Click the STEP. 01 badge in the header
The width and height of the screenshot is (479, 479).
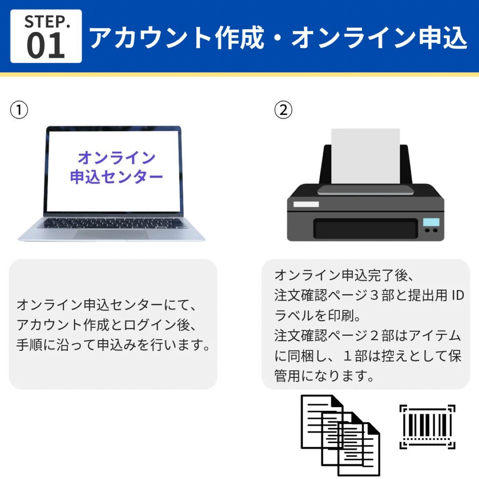(46, 36)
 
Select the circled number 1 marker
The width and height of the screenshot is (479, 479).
(19, 110)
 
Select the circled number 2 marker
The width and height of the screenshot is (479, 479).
(283, 110)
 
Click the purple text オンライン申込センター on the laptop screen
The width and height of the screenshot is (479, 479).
(116, 167)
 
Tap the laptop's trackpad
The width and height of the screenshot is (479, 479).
(111, 234)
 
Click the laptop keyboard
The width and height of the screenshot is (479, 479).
(112, 223)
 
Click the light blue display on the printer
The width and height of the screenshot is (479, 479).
(431, 222)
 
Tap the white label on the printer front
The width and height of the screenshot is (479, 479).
(306, 204)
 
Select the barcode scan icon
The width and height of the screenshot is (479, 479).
(428, 427)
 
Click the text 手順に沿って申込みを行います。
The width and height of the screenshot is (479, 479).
(113, 344)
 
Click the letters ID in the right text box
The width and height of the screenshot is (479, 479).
(457, 295)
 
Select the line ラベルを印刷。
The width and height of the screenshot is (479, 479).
(318, 315)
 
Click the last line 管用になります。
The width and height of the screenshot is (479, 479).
(324, 376)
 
